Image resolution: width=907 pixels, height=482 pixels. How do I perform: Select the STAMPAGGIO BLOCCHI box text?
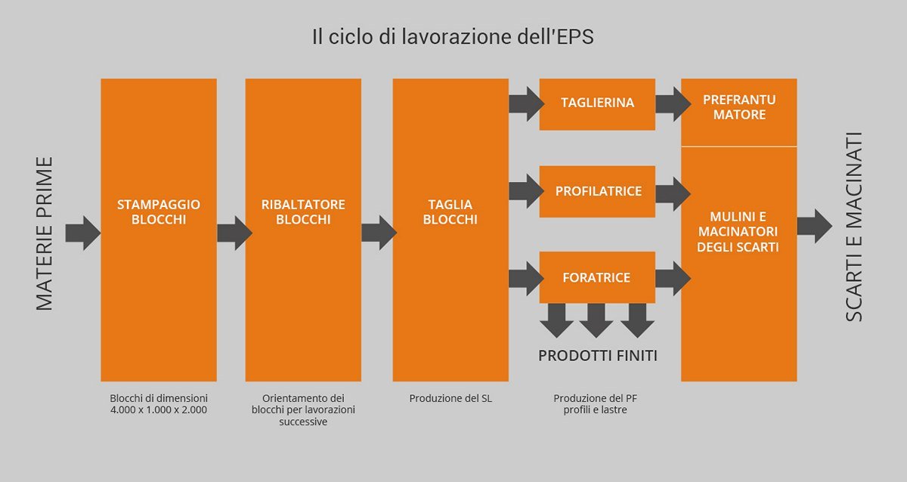coord(159,212)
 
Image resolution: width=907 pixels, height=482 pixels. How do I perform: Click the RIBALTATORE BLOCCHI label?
coord(303,212)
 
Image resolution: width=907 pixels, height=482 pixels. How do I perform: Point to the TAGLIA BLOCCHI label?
coord(450,212)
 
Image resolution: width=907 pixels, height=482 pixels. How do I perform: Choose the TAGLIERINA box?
coord(597,104)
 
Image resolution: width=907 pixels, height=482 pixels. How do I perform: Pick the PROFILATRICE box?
coord(597,191)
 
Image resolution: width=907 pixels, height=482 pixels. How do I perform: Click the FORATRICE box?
coord(597,277)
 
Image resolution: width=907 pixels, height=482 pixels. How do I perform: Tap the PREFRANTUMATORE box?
coord(739,108)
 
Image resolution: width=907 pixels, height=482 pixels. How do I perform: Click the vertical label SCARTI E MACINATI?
coord(853,227)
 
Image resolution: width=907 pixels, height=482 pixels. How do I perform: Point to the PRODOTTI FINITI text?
coord(597,355)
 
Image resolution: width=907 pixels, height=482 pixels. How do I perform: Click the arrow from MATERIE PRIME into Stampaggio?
coord(82,232)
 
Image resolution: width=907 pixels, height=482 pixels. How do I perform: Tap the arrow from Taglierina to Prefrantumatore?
coord(672,104)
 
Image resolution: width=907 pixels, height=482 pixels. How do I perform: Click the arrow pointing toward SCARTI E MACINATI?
coord(814,226)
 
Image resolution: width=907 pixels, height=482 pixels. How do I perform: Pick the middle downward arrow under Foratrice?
coord(596,320)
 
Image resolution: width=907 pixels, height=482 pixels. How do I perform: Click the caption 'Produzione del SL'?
coord(450,398)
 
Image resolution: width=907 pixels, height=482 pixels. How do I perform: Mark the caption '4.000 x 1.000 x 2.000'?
coord(159,410)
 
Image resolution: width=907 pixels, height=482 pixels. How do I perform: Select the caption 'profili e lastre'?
coord(596,410)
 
